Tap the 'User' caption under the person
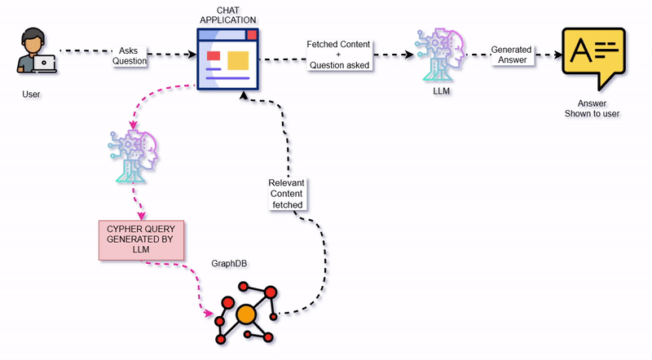click(31, 94)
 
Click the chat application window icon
click(228, 58)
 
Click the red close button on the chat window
click(252, 35)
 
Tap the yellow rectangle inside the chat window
click(237, 59)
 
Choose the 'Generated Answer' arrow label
click(512, 55)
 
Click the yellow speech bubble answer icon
click(593, 56)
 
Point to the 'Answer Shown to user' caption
click(593, 108)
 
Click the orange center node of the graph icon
click(246, 314)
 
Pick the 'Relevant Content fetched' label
click(286, 193)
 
